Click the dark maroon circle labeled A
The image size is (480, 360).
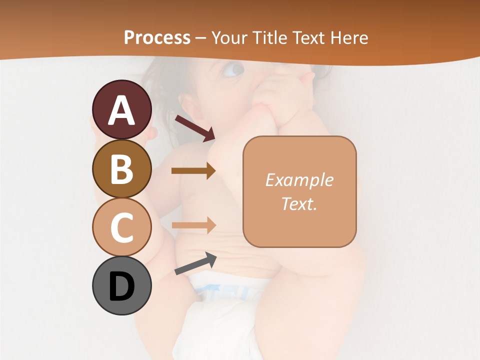tap(121, 110)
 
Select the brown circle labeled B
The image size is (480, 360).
tap(121, 169)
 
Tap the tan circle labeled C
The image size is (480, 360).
tap(121, 227)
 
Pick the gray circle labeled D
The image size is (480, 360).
tap(121, 286)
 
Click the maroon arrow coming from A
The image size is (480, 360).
tap(195, 127)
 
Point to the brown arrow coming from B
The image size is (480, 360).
tap(193, 171)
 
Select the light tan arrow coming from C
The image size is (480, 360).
tap(193, 225)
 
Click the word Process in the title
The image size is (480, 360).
tap(157, 38)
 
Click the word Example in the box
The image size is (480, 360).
tap(299, 180)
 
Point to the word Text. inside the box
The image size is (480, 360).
tap(299, 203)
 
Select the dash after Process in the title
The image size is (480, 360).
tap(201, 38)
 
